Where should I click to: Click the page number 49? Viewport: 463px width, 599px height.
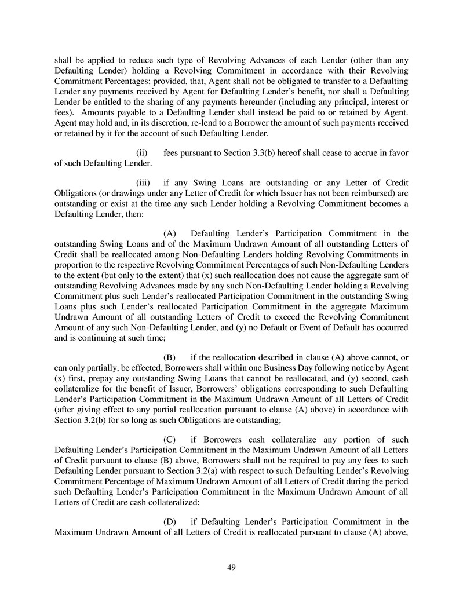[x=231, y=567]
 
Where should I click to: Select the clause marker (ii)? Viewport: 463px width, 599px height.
[x=141, y=152]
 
